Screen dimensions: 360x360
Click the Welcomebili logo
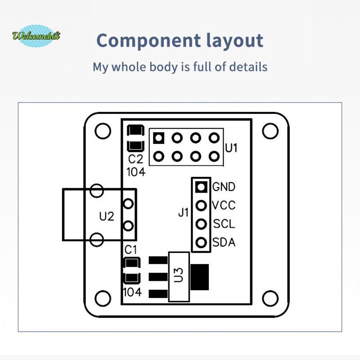point(36,36)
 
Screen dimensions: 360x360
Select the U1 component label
point(231,148)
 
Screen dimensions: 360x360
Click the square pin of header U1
point(159,138)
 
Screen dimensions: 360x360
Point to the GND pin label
point(224,187)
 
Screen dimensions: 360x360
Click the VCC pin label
point(224,205)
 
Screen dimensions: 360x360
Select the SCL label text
point(224,224)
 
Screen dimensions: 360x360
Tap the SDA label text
point(224,243)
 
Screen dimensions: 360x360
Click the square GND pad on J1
point(201,187)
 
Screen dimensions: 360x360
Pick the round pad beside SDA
point(201,243)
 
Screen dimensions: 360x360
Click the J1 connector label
point(184,212)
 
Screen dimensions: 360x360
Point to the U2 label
point(107,216)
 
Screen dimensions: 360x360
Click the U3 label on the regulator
point(179,275)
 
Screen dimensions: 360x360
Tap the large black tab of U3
point(199,277)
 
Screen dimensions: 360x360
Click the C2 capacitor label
point(135,159)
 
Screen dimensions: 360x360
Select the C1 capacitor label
point(130,250)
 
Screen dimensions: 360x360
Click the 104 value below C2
point(136,172)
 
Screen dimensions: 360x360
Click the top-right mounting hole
point(270,131)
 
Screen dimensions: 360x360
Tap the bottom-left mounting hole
point(103,298)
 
